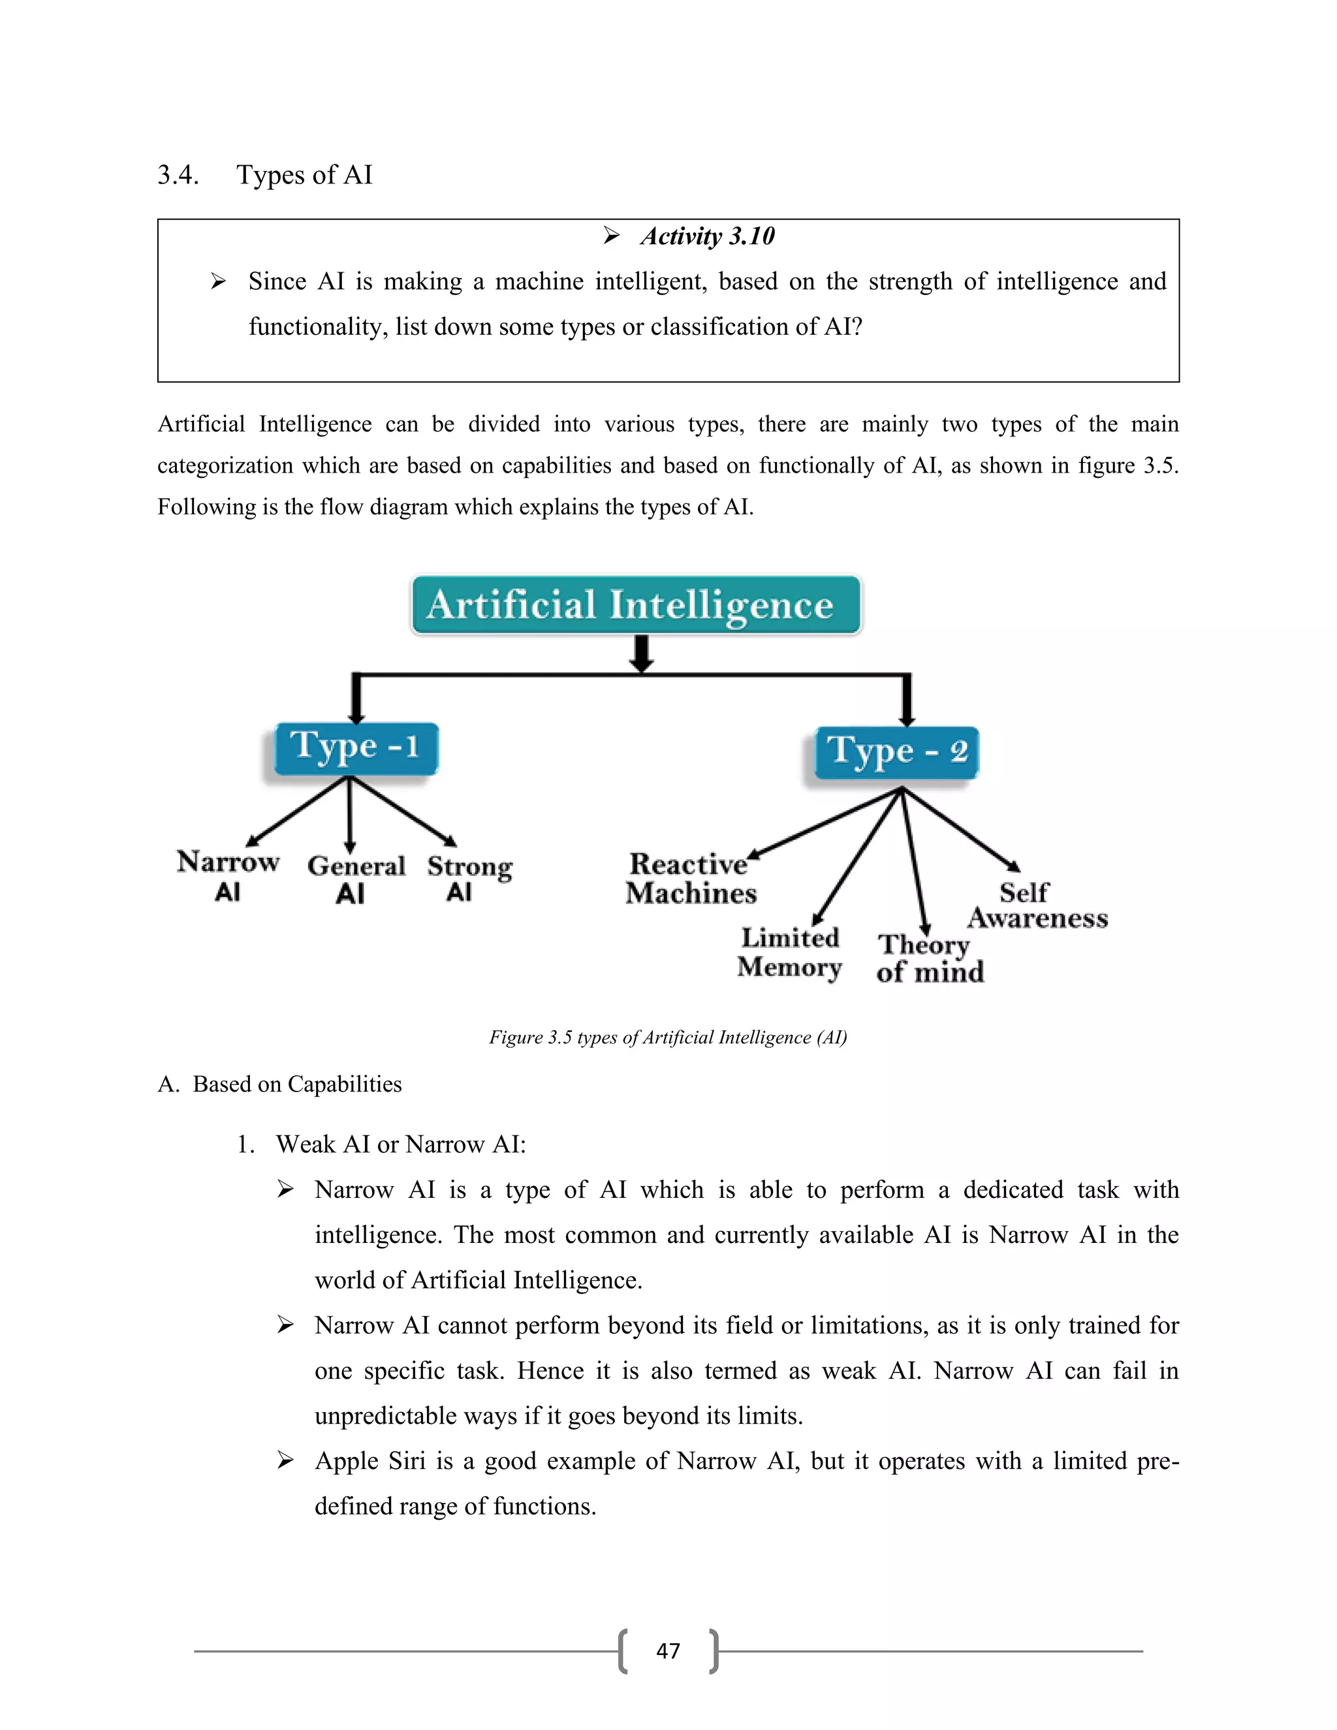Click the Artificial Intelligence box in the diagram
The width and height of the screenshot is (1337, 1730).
click(635, 605)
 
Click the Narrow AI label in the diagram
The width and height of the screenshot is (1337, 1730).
click(228, 875)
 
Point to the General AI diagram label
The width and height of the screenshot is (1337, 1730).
click(356, 879)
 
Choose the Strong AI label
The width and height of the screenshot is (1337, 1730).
click(469, 877)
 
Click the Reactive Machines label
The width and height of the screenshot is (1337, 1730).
click(691, 877)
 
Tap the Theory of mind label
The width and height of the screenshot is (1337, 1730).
click(929, 958)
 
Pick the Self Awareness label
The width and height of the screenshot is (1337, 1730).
click(1036, 905)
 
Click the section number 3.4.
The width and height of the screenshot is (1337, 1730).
click(178, 175)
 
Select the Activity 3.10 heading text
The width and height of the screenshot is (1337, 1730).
click(707, 236)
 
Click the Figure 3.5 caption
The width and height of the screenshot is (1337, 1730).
click(668, 1037)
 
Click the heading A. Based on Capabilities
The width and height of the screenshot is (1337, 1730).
click(279, 1084)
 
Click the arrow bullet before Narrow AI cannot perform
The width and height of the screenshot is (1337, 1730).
click(285, 1325)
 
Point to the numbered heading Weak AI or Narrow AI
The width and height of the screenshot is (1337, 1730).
click(400, 1144)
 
